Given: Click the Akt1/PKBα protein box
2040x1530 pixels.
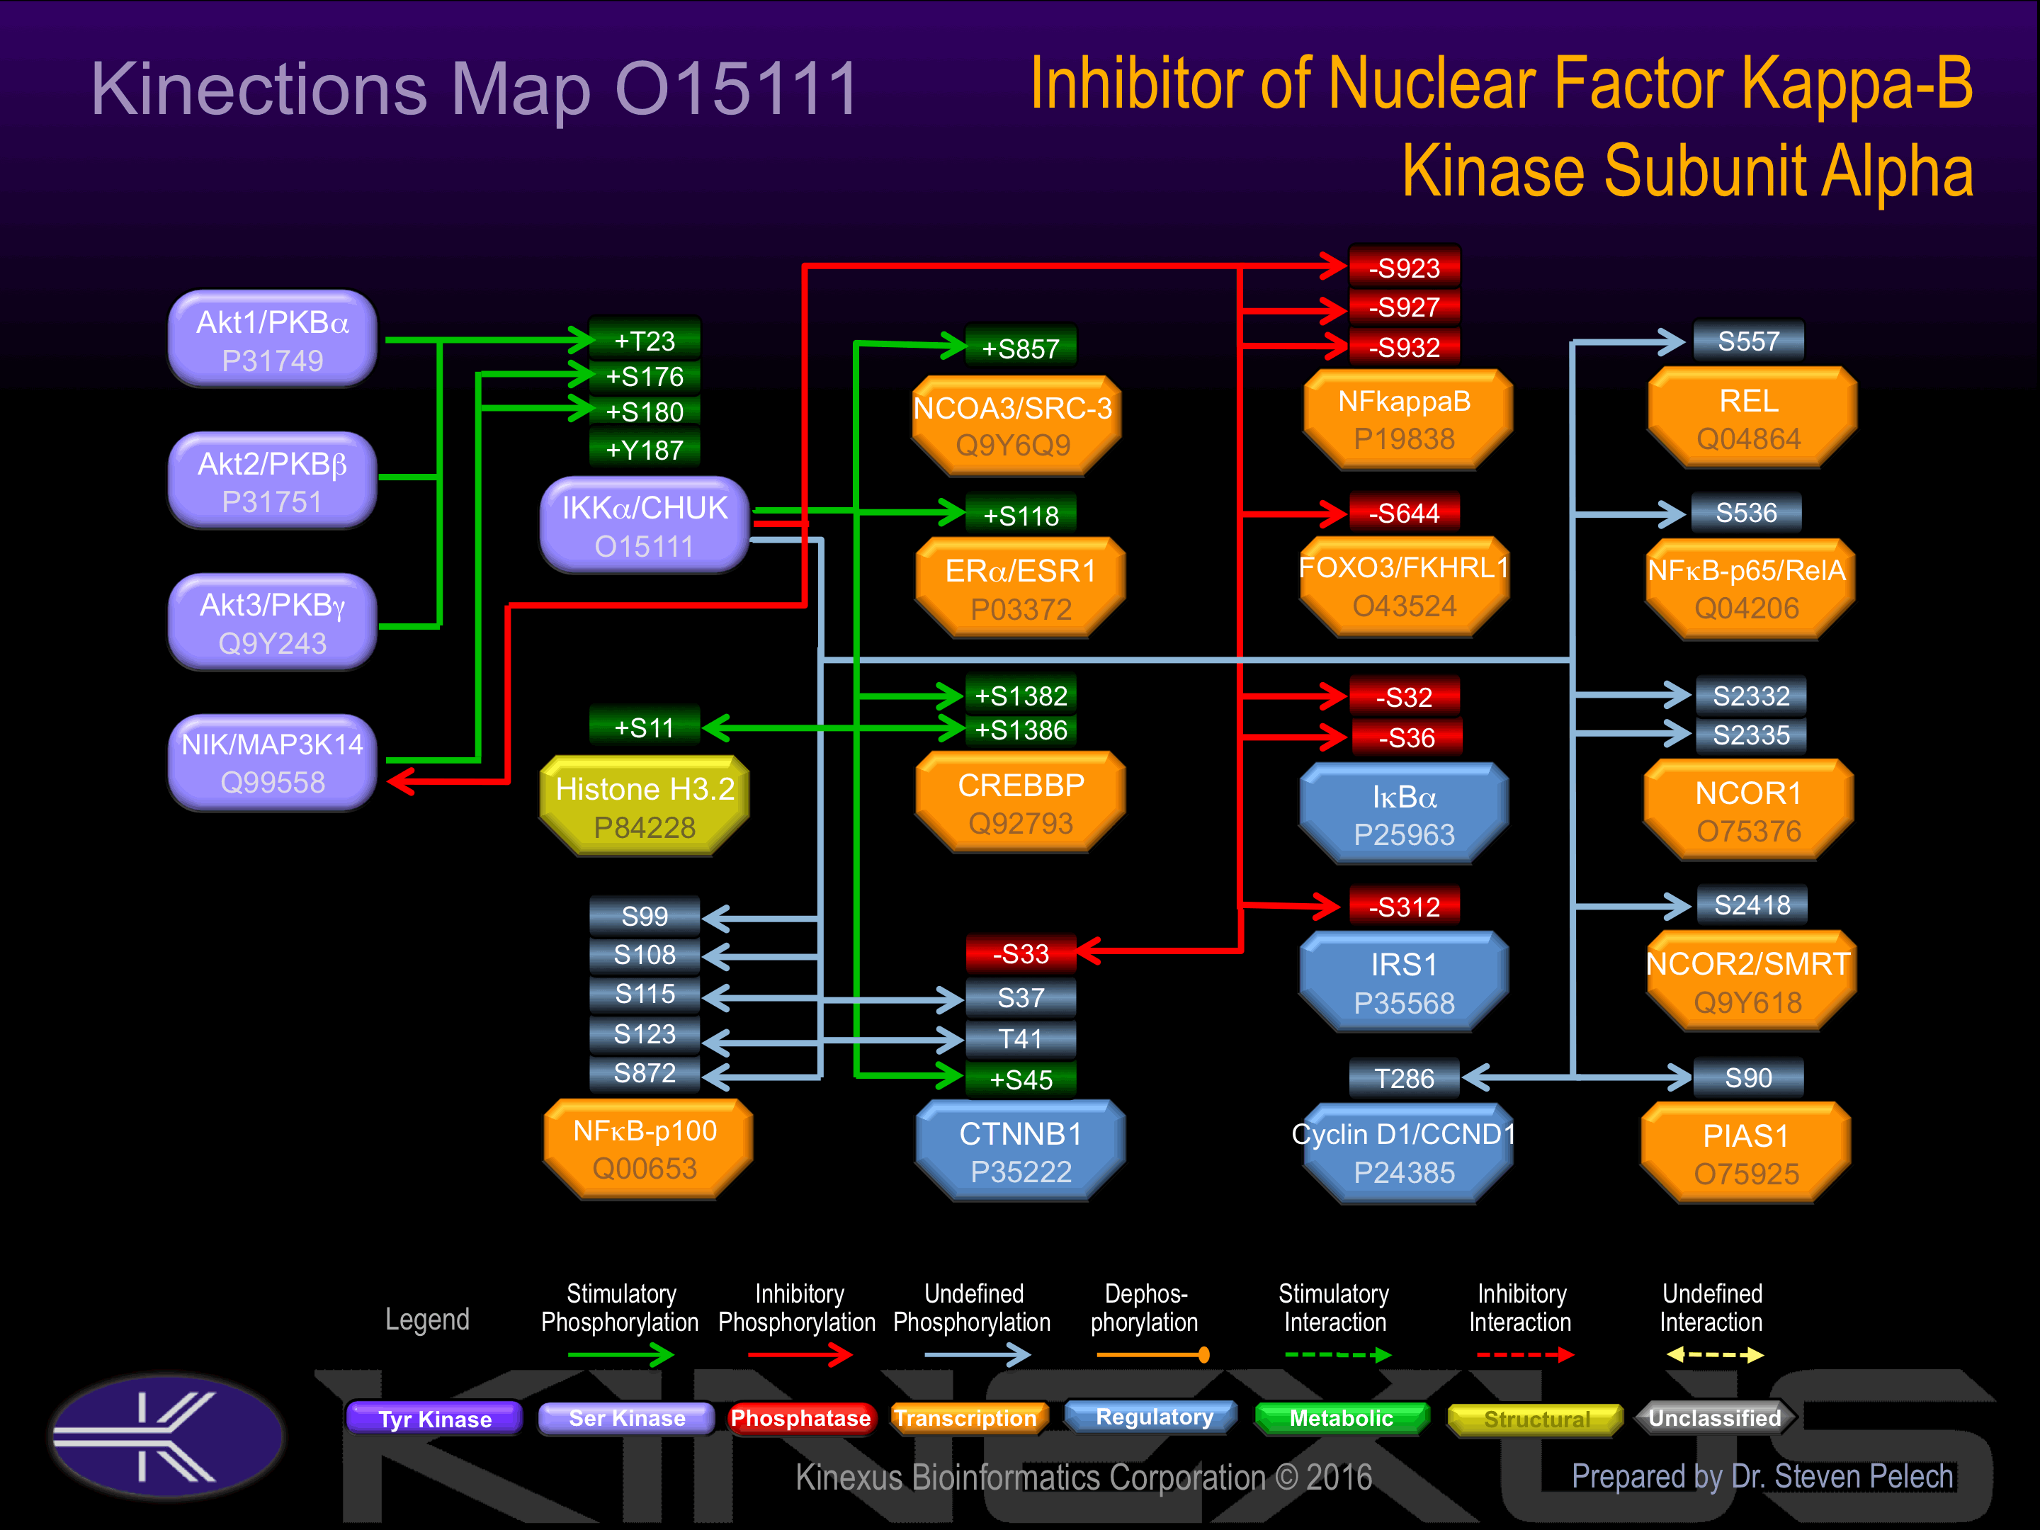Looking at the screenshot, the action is (x=272, y=339).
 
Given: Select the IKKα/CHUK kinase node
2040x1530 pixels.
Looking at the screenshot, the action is (x=644, y=525).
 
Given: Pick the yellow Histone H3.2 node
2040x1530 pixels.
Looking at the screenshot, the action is (x=644, y=806).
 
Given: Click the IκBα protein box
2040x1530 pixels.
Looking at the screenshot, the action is (x=1404, y=813).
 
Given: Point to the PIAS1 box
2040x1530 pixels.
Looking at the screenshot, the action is (x=1746, y=1152).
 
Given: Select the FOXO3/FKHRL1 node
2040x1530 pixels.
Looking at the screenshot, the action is (x=1404, y=586).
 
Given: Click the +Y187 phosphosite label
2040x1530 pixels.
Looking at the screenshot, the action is (x=645, y=450).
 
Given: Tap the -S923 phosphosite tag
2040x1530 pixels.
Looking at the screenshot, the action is (x=1404, y=268).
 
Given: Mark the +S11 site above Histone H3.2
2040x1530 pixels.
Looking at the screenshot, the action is (x=645, y=727).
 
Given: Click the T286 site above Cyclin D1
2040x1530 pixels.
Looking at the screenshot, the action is (x=1404, y=1078).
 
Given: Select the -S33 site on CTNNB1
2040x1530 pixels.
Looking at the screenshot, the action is (x=1020, y=953).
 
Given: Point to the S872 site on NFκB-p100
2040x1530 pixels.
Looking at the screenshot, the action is (x=645, y=1072).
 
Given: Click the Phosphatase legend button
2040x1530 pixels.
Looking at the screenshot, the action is (x=800, y=1418).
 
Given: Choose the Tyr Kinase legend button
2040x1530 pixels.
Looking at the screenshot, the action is (x=434, y=1418).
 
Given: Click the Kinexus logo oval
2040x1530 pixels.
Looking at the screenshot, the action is (x=168, y=1435).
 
